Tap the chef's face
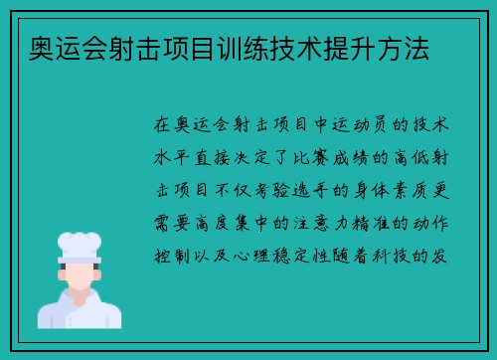tap(81, 274)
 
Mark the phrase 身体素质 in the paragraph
tap(392, 190)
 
